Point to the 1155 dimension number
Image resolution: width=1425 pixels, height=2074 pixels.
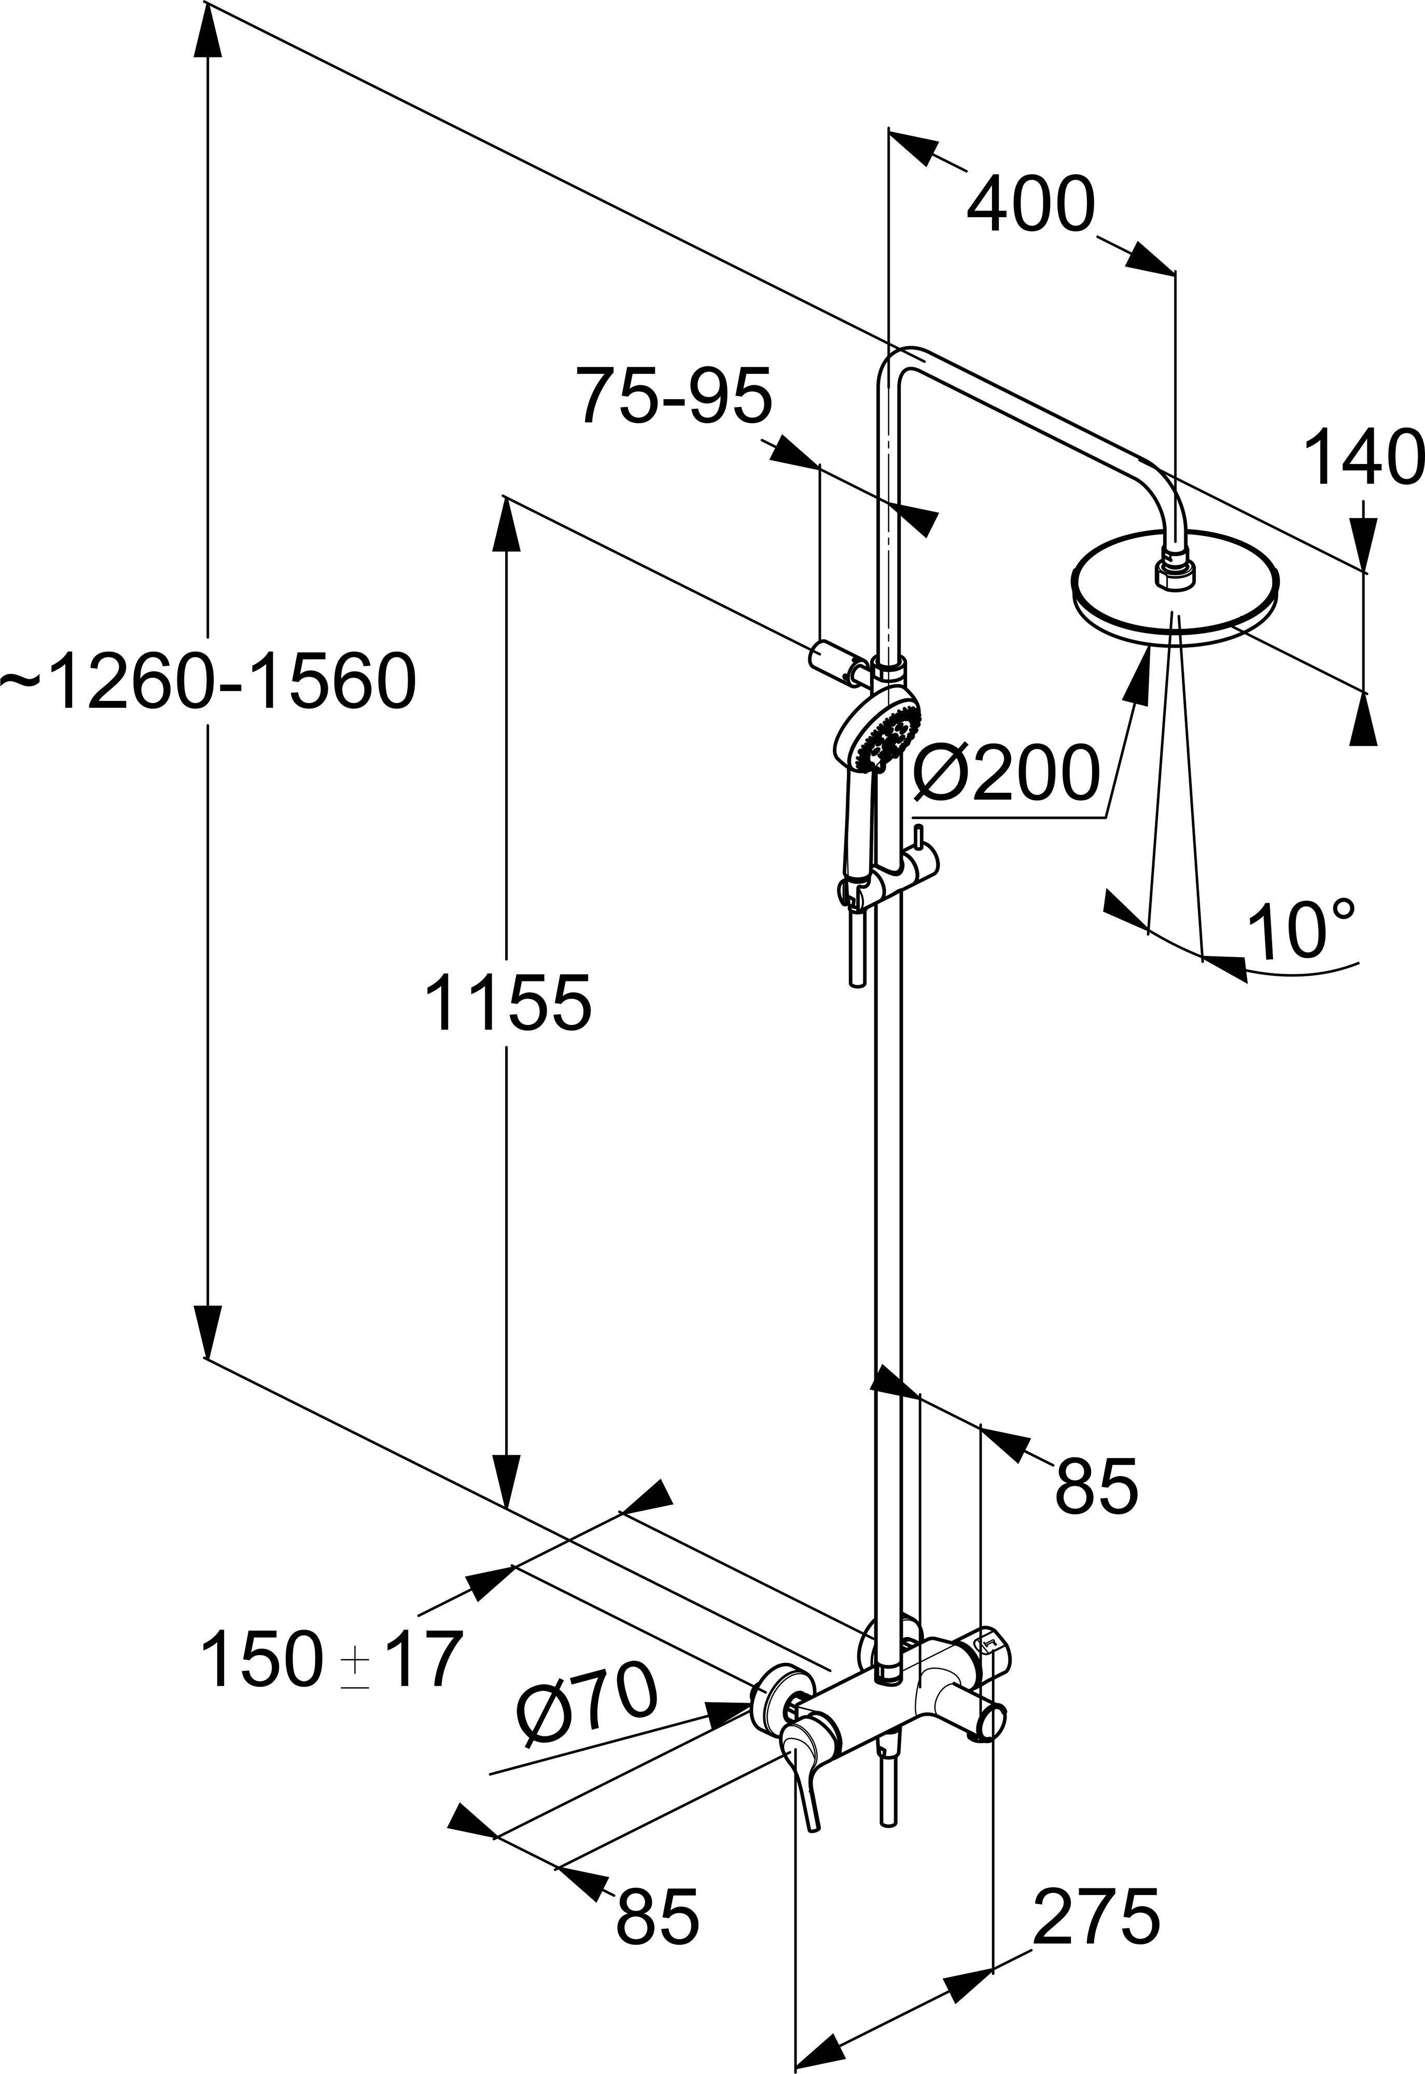coord(507,1002)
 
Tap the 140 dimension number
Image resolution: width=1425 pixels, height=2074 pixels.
coord(1362,457)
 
